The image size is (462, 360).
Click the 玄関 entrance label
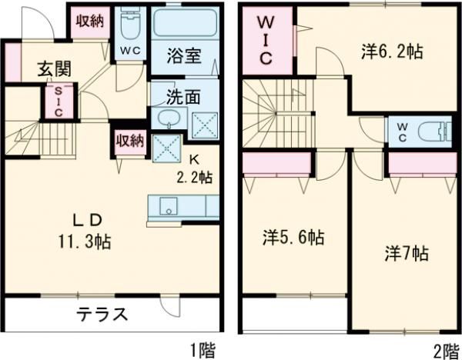(x=55, y=68)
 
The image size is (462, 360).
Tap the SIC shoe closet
(x=56, y=101)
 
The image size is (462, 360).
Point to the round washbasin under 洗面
(x=165, y=119)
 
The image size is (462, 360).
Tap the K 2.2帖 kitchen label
(x=195, y=168)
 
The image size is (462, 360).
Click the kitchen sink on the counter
(x=167, y=206)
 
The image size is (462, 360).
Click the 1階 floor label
(x=202, y=350)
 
